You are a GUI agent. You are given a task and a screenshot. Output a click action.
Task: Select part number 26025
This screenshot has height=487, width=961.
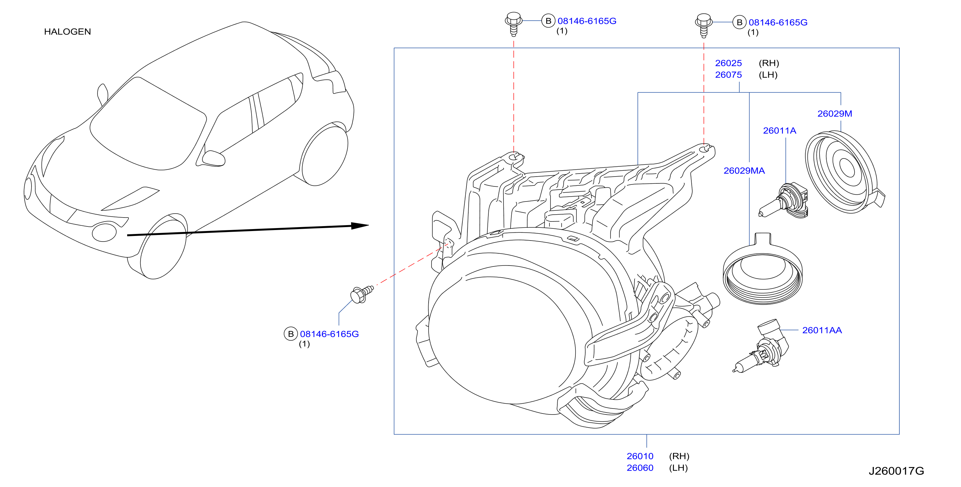(x=728, y=63)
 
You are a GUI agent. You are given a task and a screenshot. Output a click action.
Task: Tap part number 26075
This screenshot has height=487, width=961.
(x=728, y=75)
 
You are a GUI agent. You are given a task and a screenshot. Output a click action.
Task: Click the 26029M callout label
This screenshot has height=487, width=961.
(x=835, y=114)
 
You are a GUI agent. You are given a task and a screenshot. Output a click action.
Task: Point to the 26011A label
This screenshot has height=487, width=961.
(x=779, y=131)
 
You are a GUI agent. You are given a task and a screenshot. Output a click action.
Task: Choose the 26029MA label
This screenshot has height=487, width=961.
(x=744, y=171)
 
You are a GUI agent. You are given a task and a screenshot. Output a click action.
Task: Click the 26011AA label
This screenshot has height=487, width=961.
(x=822, y=330)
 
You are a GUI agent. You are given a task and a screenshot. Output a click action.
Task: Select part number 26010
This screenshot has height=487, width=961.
(x=640, y=456)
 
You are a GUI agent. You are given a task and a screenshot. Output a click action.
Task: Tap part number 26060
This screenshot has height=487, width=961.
(x=640, y=468)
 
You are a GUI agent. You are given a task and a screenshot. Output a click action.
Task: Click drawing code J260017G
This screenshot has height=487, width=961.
(x=896, y=471)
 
